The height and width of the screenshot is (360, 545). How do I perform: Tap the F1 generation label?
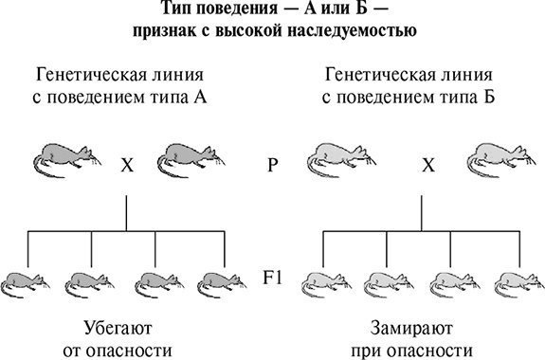click(273, 279)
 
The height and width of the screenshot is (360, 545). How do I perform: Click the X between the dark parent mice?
click(126, 164)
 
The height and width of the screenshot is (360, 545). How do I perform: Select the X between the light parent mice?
click(428, 164)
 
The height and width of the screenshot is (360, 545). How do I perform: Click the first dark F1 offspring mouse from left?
click(27, 281)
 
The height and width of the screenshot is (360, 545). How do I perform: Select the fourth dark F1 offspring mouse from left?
click(224, 281)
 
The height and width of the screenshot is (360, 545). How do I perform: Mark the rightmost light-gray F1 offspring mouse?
click(518, 281)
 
